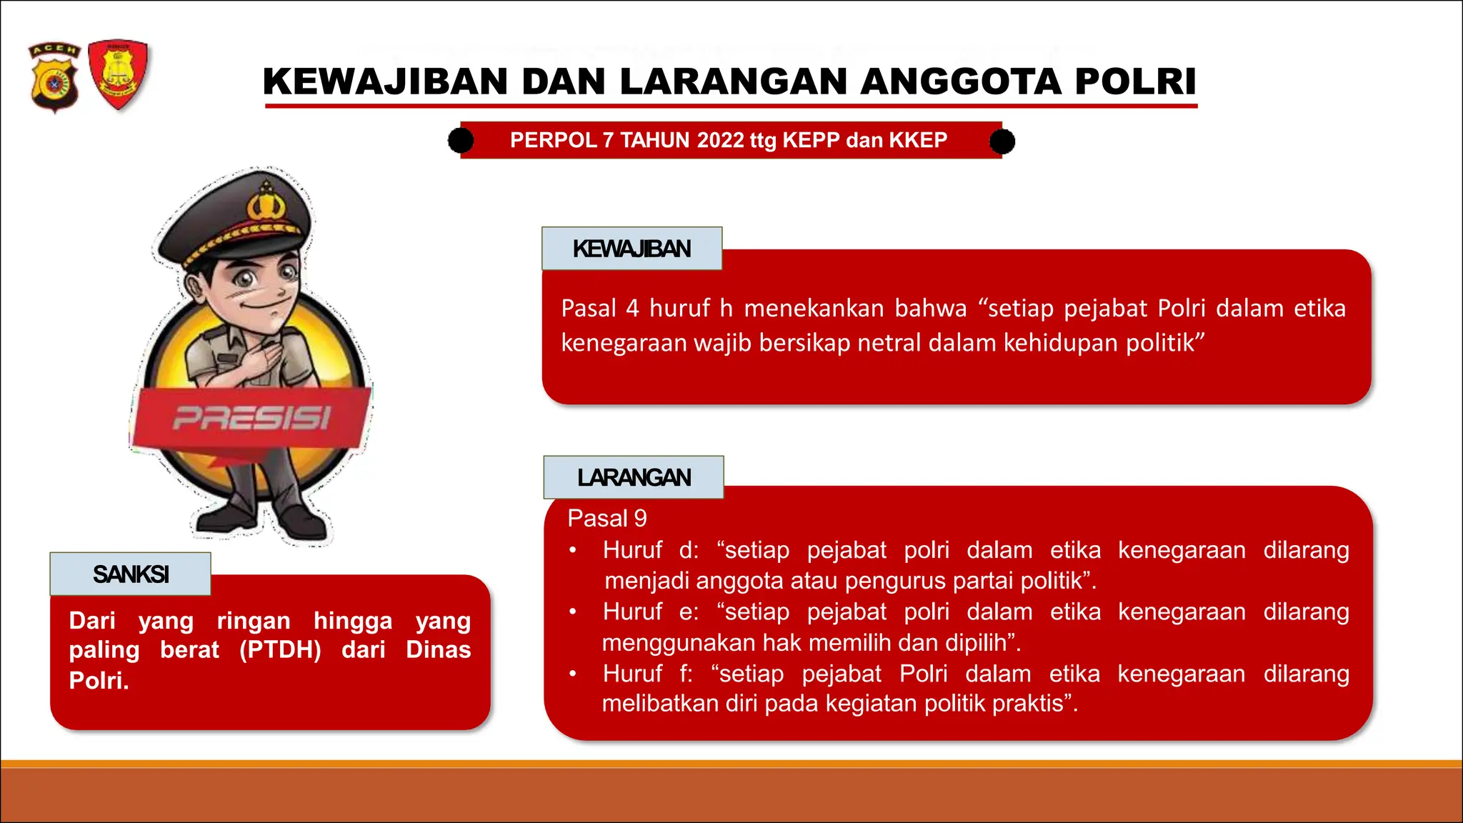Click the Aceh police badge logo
[x=54, y=77]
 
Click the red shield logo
[x=119, y=74]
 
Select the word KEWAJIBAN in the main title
[x=385, y=81]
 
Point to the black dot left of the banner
[x=461, y=141]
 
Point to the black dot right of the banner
[x=1002, y=141]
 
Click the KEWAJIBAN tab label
[x=631, y=249]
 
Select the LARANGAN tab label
[x=634, y=477]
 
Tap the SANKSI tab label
[x=131, y=574]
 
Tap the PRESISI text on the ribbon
[x=251, y=418]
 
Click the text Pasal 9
[x=606, y=518]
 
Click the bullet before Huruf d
[x=572, y=551]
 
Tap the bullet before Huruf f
[x=572, y=674]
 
